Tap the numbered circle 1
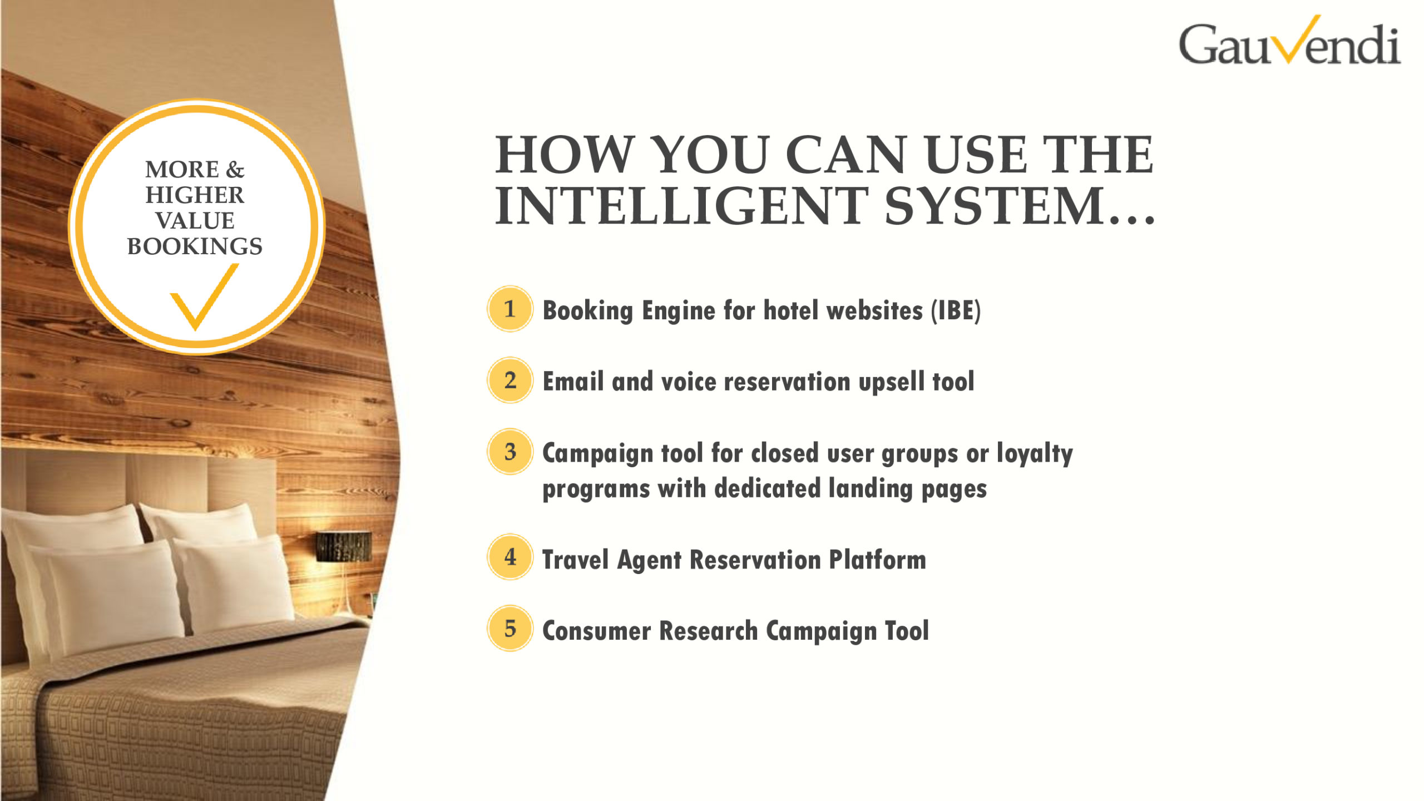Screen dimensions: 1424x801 click(x=510, y=309)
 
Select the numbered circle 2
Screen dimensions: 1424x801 click(x=510, y=380)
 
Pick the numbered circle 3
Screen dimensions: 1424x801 click(x=510, y=451)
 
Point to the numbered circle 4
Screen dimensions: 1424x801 click(x=510, y=557)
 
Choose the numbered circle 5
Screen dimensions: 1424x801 click(x=510, y=628)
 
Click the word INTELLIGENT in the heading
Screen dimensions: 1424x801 click(x=681, y=206)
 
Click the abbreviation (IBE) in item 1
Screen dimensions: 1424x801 click(x=956, y=310)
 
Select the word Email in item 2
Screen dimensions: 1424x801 click(x=573, y=382)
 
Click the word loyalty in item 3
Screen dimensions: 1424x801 click(x=1035, y=454)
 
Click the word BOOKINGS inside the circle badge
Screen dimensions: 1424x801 click(x=195, y=246)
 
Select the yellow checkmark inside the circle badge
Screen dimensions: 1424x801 click(x=204, y=297)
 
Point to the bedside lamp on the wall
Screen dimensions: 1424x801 click(x=344, y=546)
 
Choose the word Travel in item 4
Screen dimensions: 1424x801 click(x=576, y=560)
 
